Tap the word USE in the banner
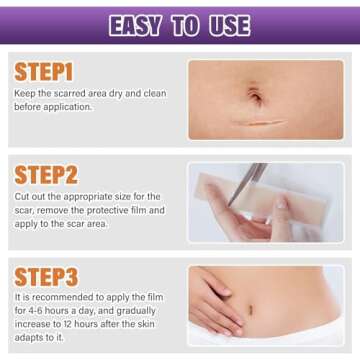click(230, 24)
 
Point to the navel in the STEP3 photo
click(277, 309)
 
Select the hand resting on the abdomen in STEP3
click(215, 305)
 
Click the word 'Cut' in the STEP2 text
click(21, 197)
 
